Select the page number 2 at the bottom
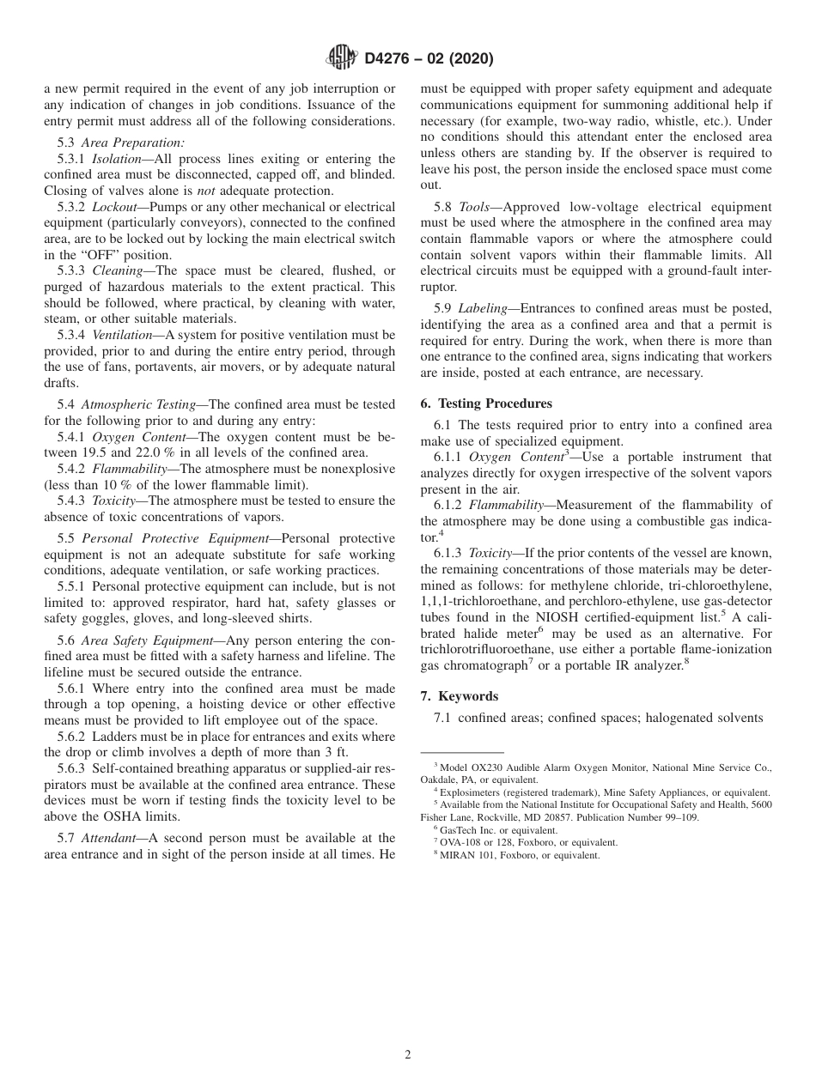408,1055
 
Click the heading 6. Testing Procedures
486,403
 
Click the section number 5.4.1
71,437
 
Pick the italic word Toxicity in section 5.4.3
112,500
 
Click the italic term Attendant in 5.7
105,838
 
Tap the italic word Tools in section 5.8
474,207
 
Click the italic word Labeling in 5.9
483,307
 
